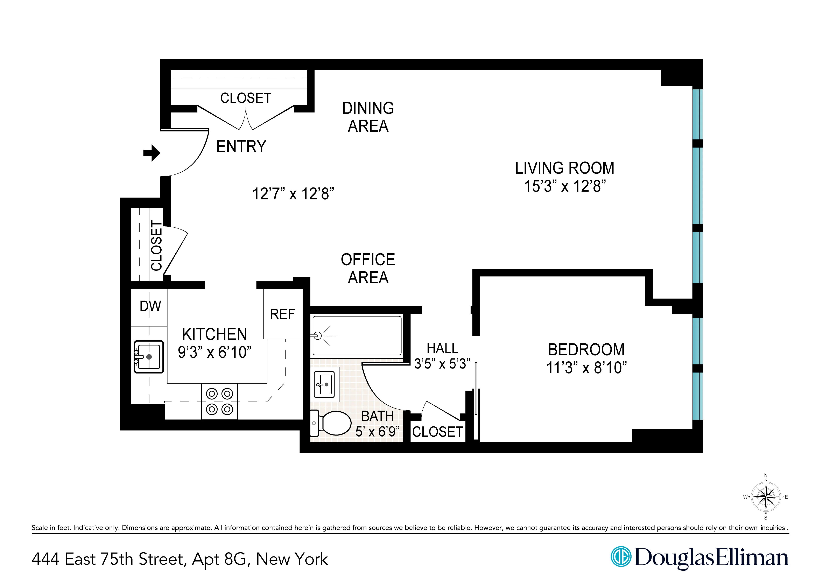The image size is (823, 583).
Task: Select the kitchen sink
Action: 149,356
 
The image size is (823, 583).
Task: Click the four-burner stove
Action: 219,401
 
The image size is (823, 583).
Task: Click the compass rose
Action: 766,497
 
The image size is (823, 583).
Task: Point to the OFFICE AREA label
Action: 368,268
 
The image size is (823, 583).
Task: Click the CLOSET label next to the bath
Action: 437,432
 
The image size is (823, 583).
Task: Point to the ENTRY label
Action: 241,146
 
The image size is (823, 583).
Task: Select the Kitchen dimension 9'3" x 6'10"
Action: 214,352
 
